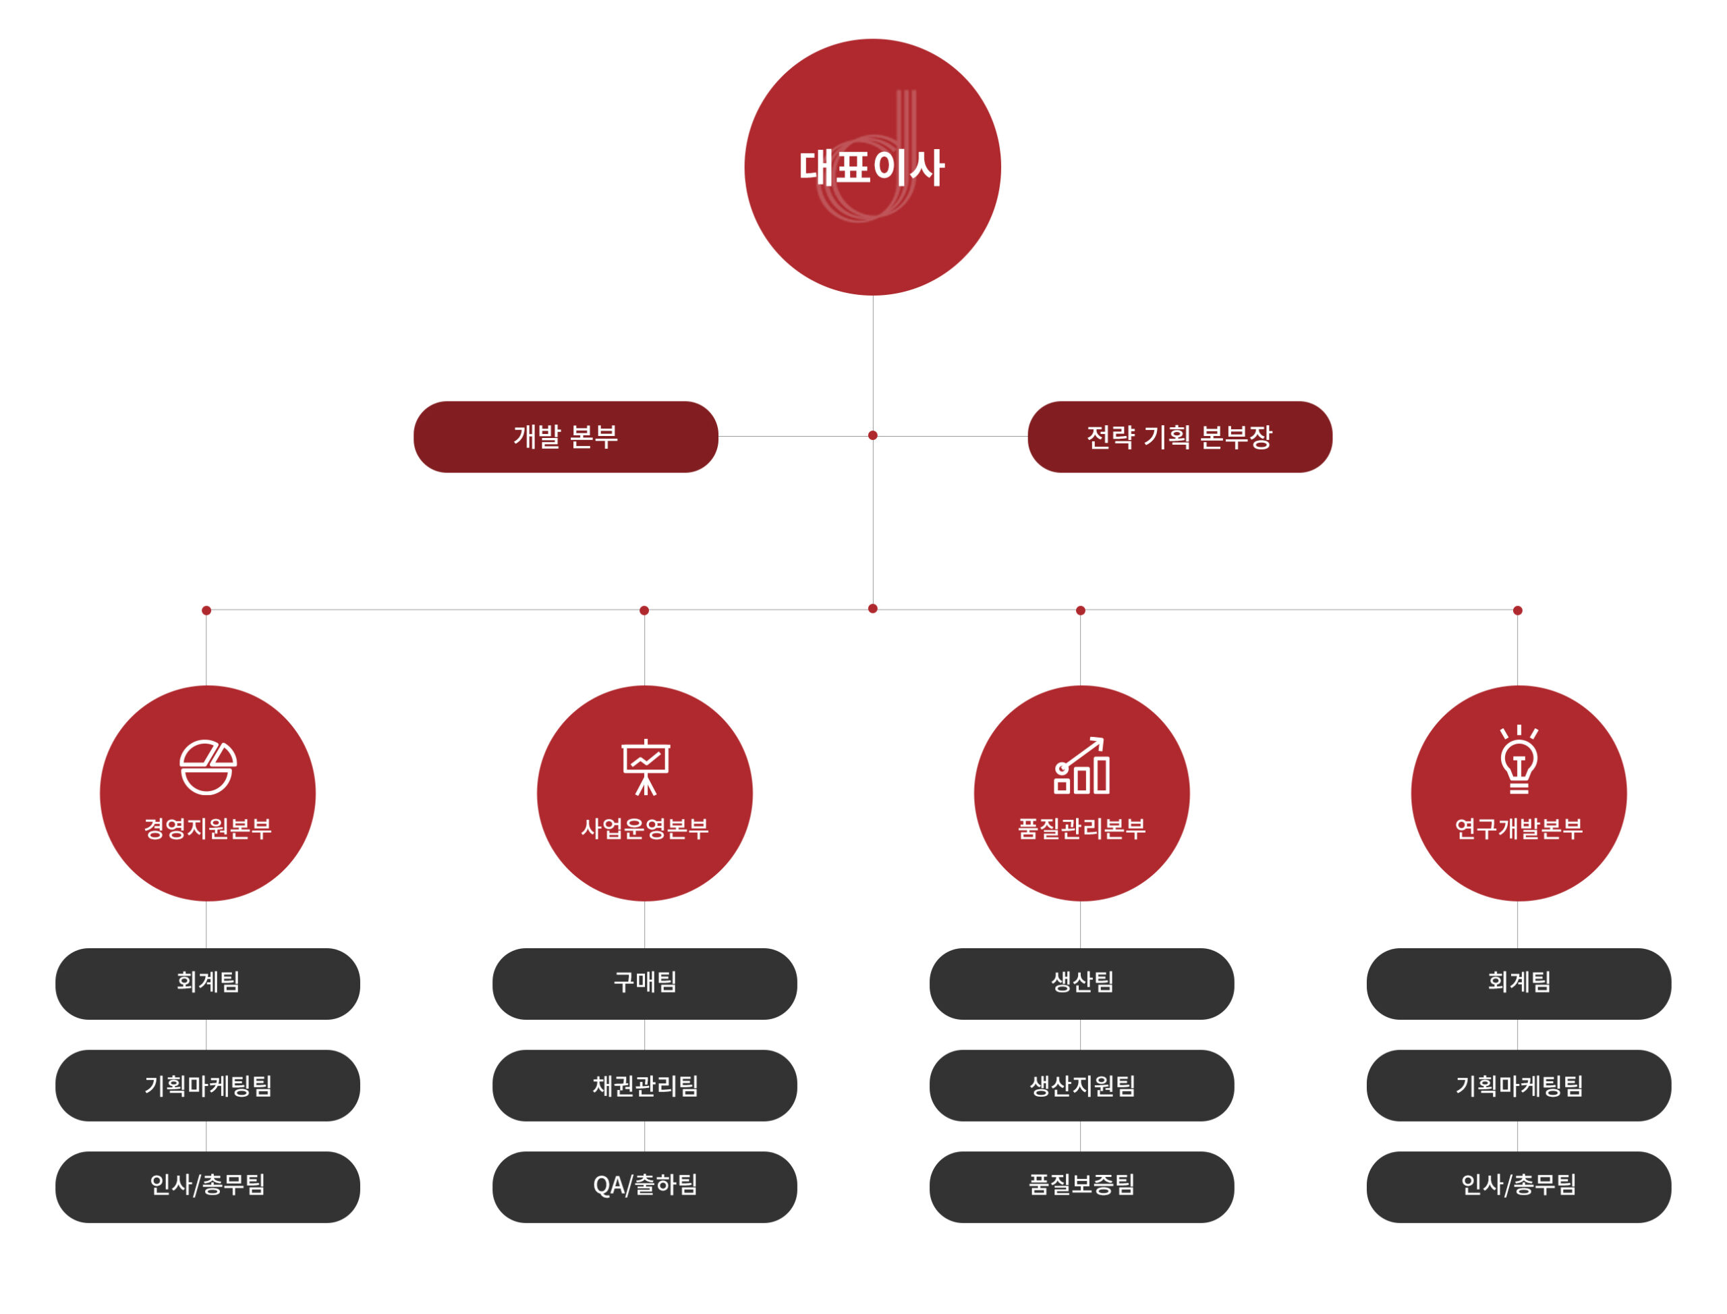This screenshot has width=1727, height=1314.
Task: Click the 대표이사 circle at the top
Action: pos(872,167)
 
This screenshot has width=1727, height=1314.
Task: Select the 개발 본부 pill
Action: pos(565,437)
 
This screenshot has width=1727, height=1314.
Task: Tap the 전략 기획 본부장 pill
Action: pos(1179,437)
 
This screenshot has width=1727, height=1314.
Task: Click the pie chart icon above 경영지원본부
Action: pos(207,767)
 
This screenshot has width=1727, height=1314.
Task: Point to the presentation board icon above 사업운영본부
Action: pos(645,767)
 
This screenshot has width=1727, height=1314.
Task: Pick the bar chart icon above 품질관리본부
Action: pos(1081,766)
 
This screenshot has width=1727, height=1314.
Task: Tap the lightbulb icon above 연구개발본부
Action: pos(1519,759)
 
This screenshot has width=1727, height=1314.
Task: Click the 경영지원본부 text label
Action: pos(207,828)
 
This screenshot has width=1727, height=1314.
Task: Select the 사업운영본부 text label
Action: pos(644,828)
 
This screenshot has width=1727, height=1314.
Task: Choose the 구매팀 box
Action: pos(644,983)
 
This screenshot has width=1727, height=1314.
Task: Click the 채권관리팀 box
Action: pos(644,1085)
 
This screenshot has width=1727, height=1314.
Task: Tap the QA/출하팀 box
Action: pos(644,1186)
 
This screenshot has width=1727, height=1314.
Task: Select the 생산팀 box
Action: pos(1081,983)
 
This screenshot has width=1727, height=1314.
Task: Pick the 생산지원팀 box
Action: pos(1081,1085)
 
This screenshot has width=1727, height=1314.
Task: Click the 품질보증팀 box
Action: pos(1081,1186)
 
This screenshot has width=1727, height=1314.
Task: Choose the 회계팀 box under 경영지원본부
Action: pos(207,983)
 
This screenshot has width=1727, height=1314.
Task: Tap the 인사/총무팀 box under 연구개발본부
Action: pos(1519,1186)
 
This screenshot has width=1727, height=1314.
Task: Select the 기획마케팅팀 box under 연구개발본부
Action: pos(1519,1085)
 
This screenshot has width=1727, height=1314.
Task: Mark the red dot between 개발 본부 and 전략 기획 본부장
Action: pos(872,436)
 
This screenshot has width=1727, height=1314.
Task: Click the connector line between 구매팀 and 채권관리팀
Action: pos(644,1035)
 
